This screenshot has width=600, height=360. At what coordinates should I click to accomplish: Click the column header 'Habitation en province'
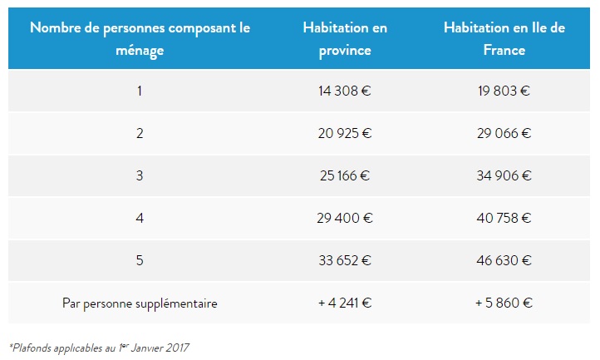click(345, 39)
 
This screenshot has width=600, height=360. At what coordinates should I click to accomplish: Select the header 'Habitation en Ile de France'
click(504, 39)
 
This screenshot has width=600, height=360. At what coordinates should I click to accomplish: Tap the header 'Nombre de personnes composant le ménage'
click(140, 39)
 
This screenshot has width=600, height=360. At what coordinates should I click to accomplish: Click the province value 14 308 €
click(344, 91)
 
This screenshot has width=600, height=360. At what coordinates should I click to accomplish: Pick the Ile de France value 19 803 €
click(504, 91)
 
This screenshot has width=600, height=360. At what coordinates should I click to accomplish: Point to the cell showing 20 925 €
click(344, 133)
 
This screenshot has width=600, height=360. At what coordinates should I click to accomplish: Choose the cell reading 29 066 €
click(504, 133)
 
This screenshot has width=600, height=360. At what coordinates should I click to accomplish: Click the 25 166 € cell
click(344, 175)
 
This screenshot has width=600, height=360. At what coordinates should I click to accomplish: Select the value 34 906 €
click(504, 175)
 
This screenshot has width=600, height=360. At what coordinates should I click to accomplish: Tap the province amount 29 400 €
click(344, 219)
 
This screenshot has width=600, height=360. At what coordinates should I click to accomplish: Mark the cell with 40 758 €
click(504, 219)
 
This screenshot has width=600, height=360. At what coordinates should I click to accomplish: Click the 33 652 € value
click(344, 261)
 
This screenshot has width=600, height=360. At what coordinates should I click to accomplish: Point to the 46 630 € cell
click(504, 261)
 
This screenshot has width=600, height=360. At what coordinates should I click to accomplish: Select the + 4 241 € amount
click(344, 303)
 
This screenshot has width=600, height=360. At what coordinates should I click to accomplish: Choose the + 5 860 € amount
click(504, 303)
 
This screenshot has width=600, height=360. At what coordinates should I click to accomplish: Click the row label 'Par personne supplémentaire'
click(140, 303)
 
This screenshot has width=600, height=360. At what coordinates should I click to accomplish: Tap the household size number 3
click(140, 175)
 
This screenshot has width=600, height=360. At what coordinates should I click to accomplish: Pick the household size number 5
click(140, 261)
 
